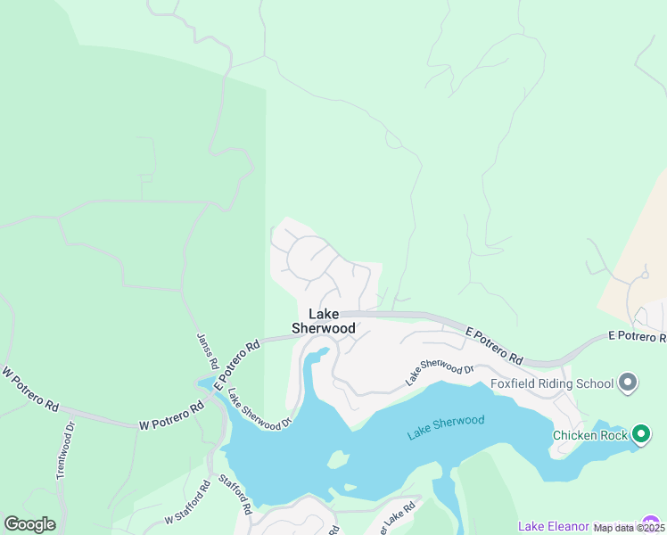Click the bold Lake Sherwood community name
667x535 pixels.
pyautogui.click(x=323, y=321)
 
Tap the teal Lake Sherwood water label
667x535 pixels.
pyautogui.click(x=446, y=427)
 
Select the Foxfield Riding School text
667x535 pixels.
pyautogui.click(x=552, y=383)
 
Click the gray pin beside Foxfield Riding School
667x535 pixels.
pyautogui.click(x=628, y=383)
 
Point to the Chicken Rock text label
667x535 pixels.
pyautogui.click(x=591, y=435)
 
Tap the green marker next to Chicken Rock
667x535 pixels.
pyautogui.click(x=641, y=435)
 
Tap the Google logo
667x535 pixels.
pyautogui.click(x=29, y=524)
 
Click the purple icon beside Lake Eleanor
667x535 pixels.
pyautogui.click(x=653, y=524)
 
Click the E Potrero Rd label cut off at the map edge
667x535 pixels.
pyautogui.click(x=637, y=336)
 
